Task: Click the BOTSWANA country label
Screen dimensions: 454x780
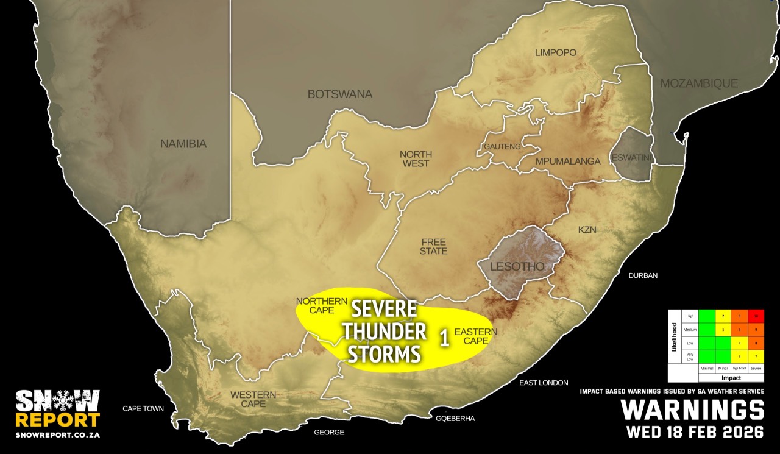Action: [339, 94]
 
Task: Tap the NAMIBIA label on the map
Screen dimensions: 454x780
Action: [183, 144]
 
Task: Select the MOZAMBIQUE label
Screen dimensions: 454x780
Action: [699, 83]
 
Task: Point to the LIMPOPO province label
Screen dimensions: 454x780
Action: [555, 52]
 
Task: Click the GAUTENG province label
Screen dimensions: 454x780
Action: [502, 147]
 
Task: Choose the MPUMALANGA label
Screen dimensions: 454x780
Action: [568, 161]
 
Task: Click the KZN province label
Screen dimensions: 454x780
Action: [587, 230]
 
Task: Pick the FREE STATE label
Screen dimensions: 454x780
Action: [433, 246]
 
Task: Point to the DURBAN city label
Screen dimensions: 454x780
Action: [643, 275]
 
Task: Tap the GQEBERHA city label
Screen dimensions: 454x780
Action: [455, 419]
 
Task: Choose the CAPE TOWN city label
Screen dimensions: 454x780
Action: [143, 408]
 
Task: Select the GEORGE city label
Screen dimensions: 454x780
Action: [329, 433]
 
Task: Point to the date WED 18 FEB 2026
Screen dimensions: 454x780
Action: [695, 432]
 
